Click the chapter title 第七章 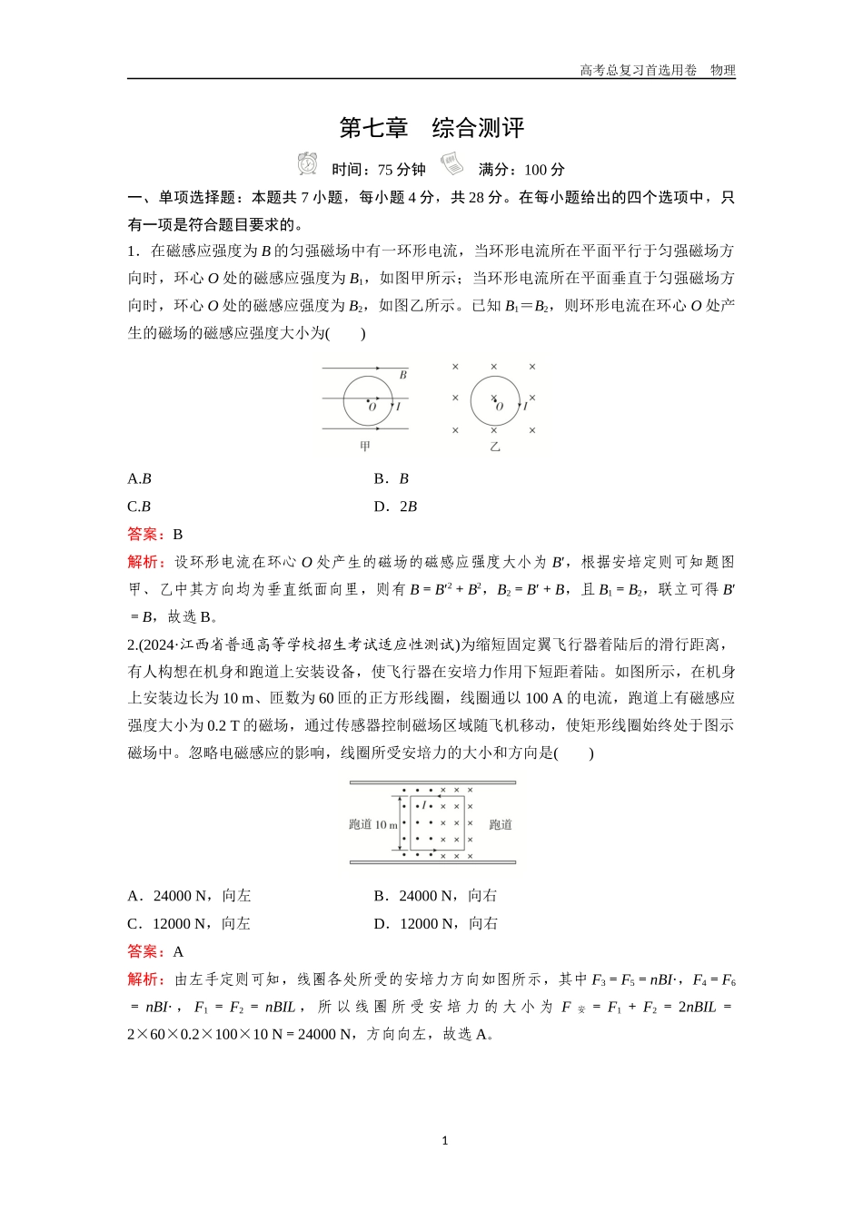(x=373, y=128)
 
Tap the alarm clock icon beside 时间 (x=307, y=164)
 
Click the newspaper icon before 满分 (x=451, y=164)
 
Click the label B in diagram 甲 (x=403, y=374)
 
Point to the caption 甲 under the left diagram (x=365, y=447)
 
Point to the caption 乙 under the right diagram (x=495, y=447)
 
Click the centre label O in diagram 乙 (x=499, y=407)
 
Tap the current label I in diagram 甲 (x=398, y=407)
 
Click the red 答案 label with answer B (x=145, y=534)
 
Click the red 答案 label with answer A (x=145, y=951)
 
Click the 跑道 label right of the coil (x=501, y=825)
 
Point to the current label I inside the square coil (x=424, y=805)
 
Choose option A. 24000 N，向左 (x=189, y=896)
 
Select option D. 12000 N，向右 (x=436, y=924)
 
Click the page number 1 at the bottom (x=444, y=1141)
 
